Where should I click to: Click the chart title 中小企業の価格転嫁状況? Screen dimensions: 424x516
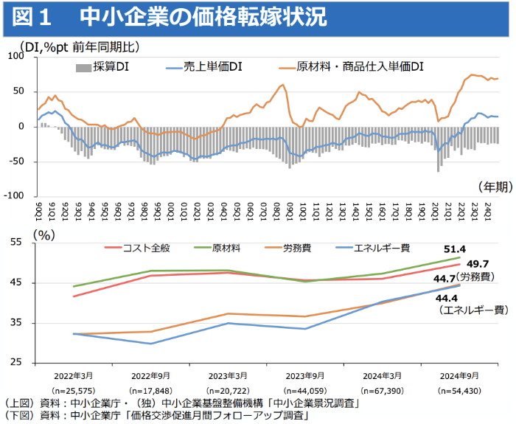[x=201, y=17]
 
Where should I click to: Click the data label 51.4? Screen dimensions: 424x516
[x=455, y=249]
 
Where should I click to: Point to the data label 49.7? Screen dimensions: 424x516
[x=477, y=263]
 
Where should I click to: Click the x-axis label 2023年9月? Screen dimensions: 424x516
[x=304, y=374]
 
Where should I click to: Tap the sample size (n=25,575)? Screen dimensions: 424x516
[x=73, y=389]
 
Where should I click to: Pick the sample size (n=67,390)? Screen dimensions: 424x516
[x=382, y=389]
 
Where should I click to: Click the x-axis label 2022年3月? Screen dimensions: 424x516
[x=73, y=374]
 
